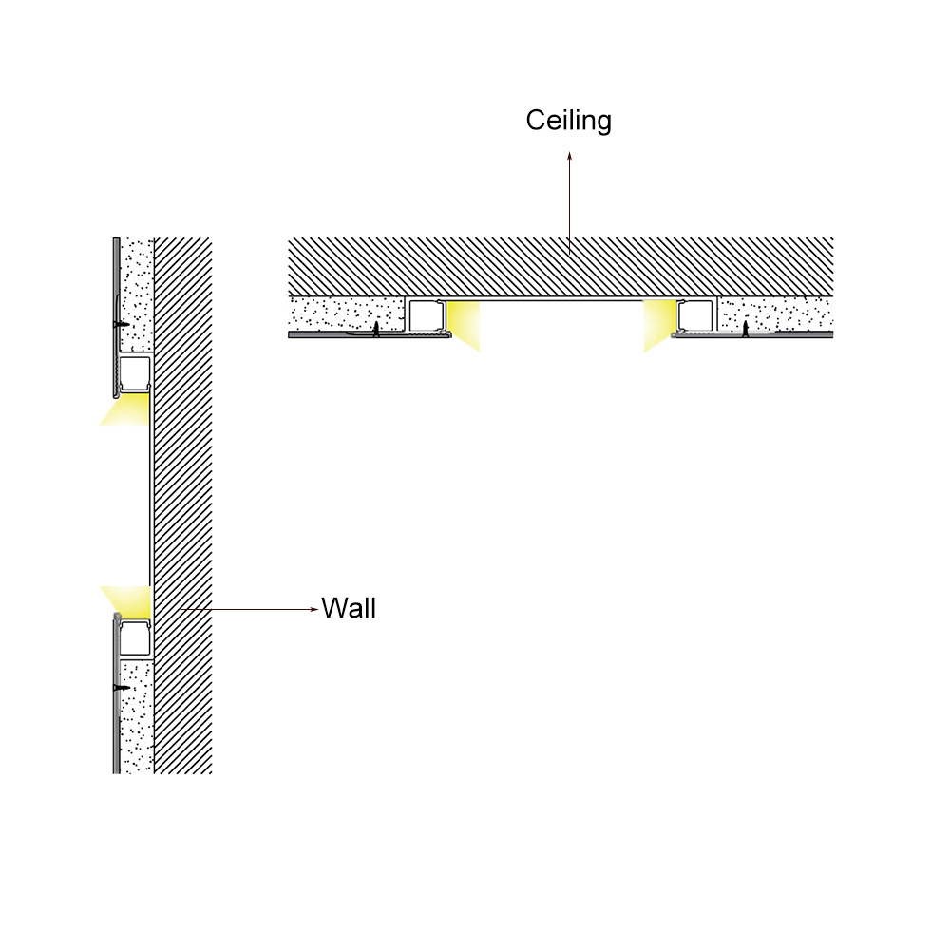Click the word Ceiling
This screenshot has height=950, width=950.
coord(568,121)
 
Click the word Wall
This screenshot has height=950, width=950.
coord(349,608)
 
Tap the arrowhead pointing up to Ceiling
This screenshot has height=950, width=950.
coord(569,156)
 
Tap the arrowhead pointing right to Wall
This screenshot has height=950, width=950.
coord(313,609)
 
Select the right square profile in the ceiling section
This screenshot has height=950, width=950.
coord(695,315)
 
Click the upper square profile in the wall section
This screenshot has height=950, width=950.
coord(135,374)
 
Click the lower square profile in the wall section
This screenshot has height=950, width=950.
coord(135,638)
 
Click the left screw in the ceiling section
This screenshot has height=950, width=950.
coord(376,329)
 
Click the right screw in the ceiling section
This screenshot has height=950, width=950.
coord(745,329)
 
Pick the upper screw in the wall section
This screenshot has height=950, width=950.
coord(122,325)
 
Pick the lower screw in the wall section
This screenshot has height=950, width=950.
coord(122,688)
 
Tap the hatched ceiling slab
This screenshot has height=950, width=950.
coord(560,267)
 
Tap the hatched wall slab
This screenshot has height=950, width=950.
coord(183,505)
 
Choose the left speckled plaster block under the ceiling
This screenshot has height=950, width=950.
coord(347,313)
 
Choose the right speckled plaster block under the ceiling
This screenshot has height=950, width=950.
coord(775,313)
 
